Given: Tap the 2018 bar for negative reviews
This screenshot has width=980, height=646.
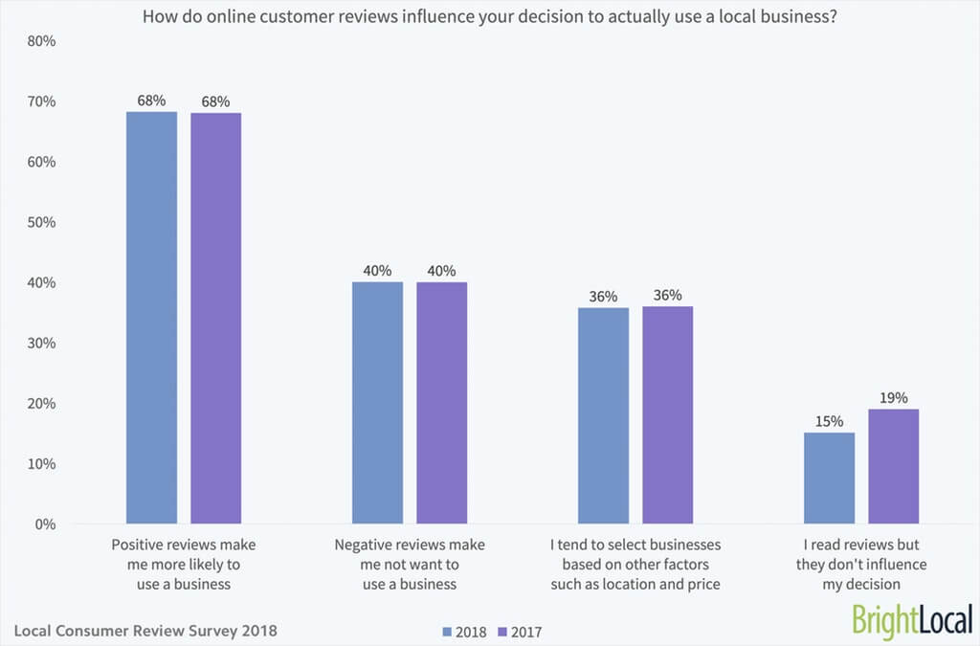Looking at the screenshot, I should (x=377, y=403).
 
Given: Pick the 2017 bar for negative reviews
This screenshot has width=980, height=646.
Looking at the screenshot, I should (x=441, y=403).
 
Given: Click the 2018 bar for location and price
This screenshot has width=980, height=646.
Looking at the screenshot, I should (x=603, y=415).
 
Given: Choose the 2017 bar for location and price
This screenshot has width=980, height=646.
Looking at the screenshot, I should (x=667, y=415).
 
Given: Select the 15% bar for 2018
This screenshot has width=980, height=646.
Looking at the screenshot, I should (x=829, y=479).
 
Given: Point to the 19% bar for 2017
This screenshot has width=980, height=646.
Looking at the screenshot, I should (x=893, y=466).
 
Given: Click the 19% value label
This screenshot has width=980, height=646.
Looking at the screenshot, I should (x=894, y=397).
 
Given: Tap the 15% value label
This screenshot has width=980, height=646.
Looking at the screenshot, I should (x=829, y=421).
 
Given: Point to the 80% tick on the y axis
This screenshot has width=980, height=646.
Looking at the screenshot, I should (x=42, y=41).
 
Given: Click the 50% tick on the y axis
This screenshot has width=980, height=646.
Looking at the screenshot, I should (x=42, y=222).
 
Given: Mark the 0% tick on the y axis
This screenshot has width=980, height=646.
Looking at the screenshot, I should (x=46, y=524).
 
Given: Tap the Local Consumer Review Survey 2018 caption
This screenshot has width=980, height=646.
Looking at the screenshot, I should (x=146, y=631).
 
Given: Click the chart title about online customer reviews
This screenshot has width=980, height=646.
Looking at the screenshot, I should (x=490, y=15).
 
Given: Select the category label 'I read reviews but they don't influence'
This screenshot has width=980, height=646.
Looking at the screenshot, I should (x=861, y=564).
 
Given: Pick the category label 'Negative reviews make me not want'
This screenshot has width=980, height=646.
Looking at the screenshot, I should (x=410, y=564).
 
